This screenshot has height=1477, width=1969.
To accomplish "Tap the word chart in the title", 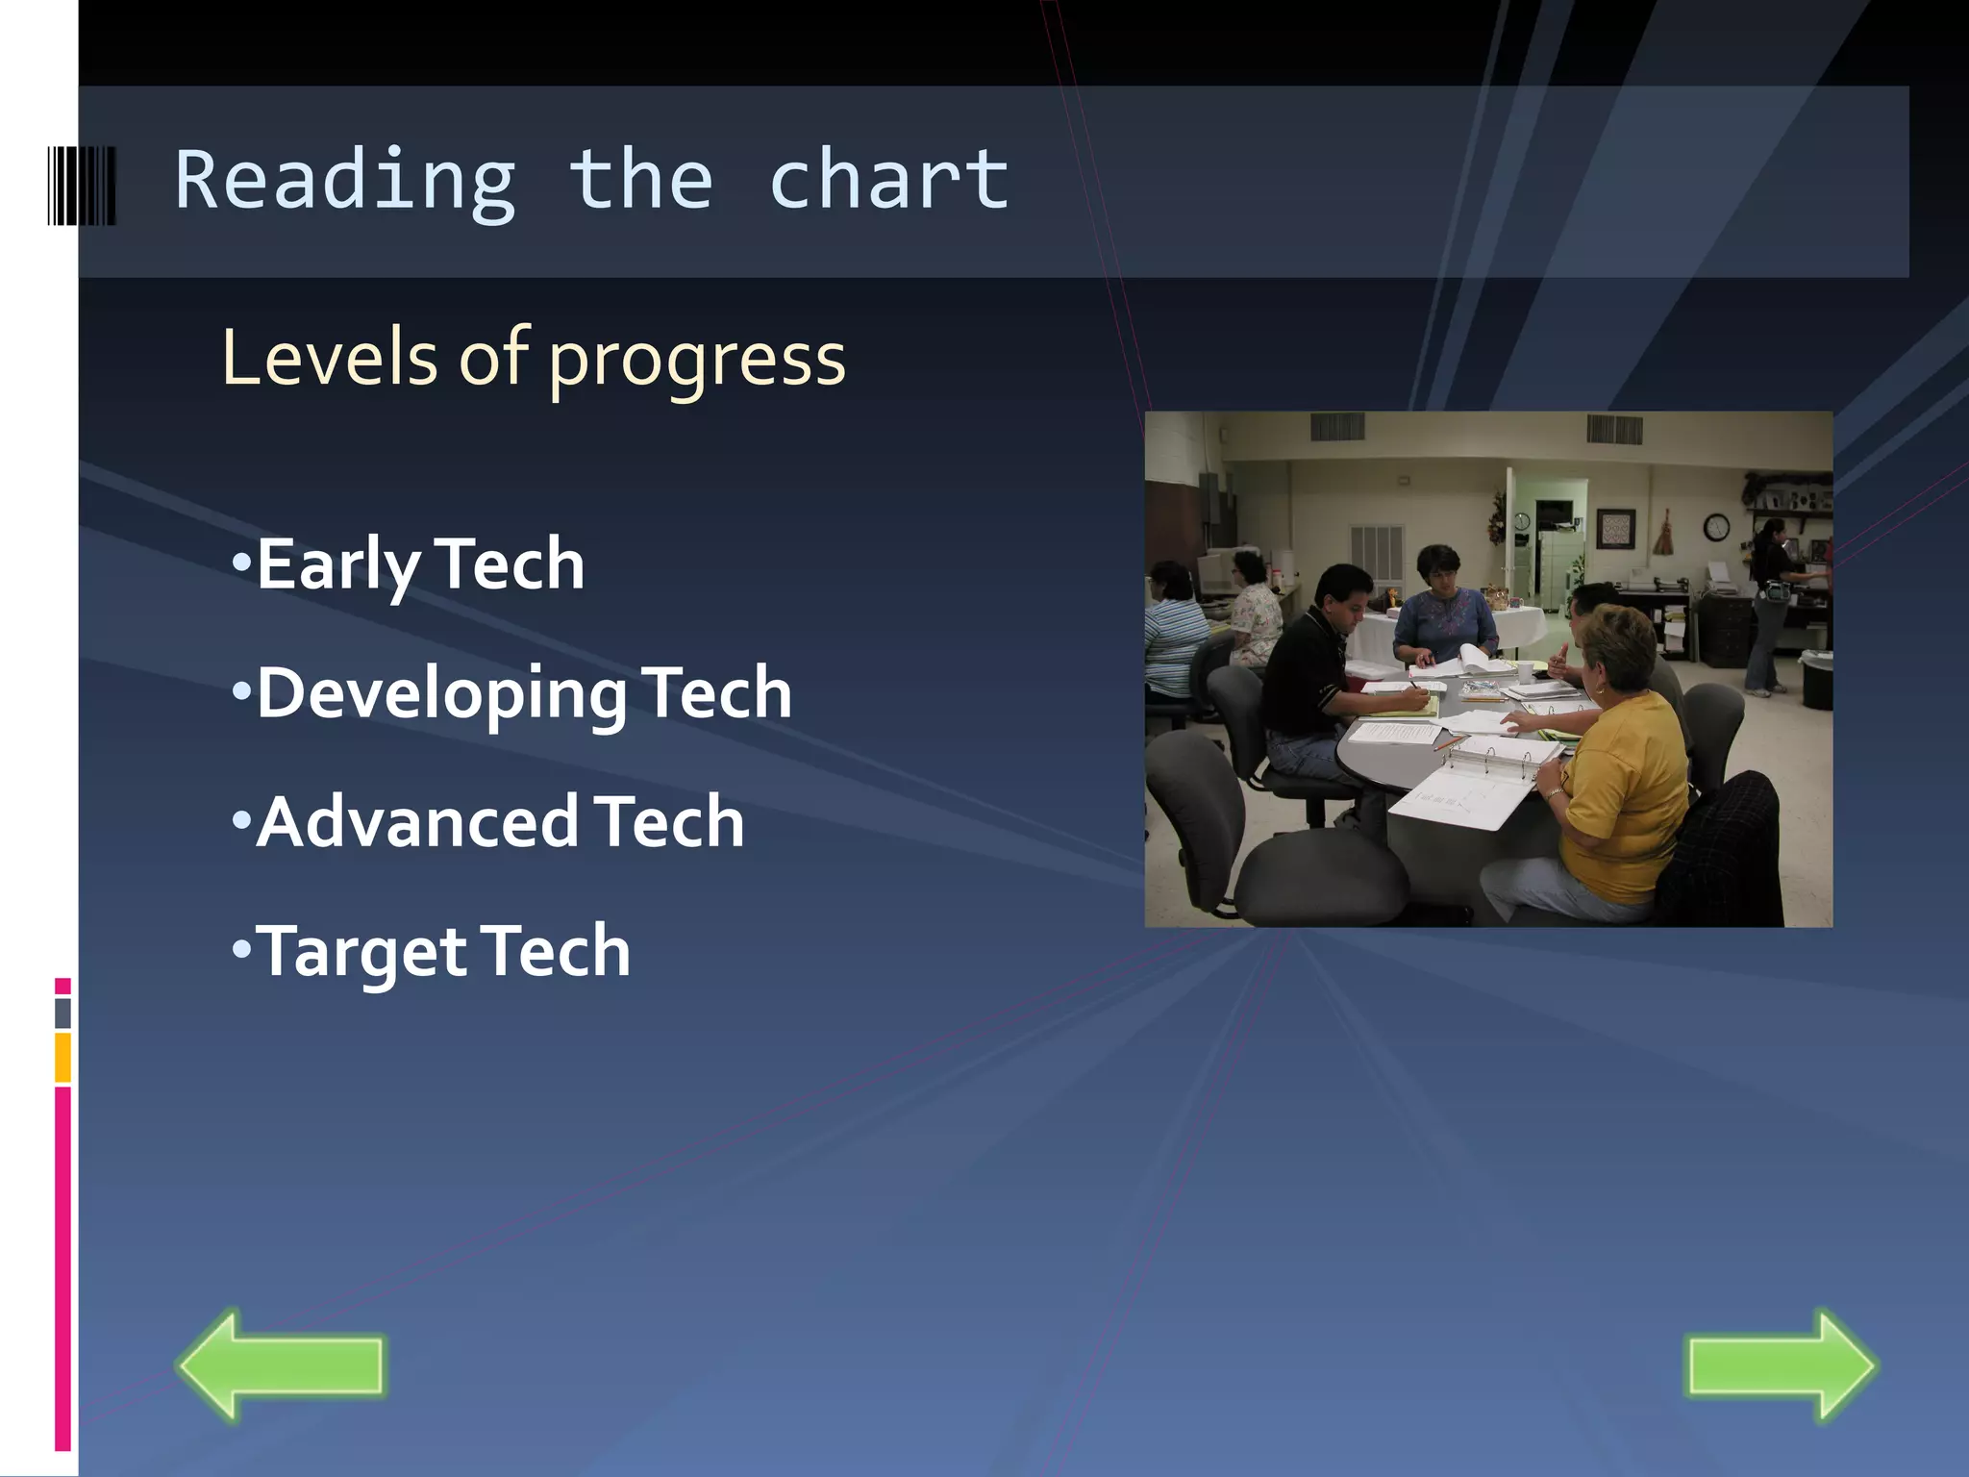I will [888, 181].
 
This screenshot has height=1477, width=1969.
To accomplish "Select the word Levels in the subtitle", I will [330, 358].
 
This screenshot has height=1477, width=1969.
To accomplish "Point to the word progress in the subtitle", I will [697, 361].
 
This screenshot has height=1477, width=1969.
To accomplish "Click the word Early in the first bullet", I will [337, 565].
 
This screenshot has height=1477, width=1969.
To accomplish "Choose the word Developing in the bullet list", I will [441, 694].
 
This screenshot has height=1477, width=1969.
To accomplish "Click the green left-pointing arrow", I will [281, 1364].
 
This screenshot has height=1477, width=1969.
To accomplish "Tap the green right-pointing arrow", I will [1782, 1364].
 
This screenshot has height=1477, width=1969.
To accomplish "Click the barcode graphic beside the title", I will [82, 186].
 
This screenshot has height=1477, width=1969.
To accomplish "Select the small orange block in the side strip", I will [62, 1057].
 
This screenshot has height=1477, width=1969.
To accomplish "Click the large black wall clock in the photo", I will [1716, 527].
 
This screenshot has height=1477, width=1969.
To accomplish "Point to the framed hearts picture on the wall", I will [1615, 528].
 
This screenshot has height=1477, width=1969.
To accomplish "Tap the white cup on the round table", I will [1525, 670].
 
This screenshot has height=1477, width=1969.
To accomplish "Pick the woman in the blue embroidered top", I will [1444, 611].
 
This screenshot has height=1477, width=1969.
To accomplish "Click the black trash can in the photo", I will [1816, 679].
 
